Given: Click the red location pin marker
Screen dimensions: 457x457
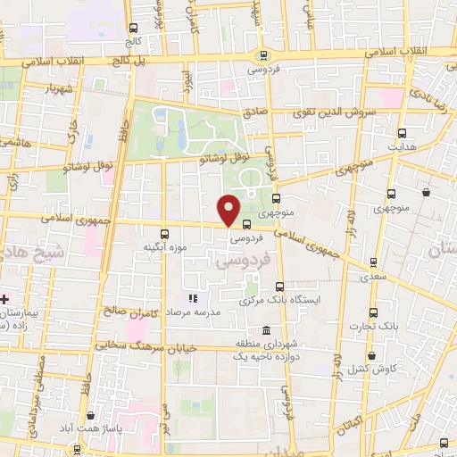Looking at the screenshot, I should coord(229,211).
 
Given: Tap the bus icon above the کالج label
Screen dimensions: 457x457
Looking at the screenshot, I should coord(133,28).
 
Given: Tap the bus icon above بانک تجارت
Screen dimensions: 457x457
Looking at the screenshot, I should coord(373,312).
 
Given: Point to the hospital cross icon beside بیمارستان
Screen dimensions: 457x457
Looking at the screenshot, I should coord(4,298).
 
